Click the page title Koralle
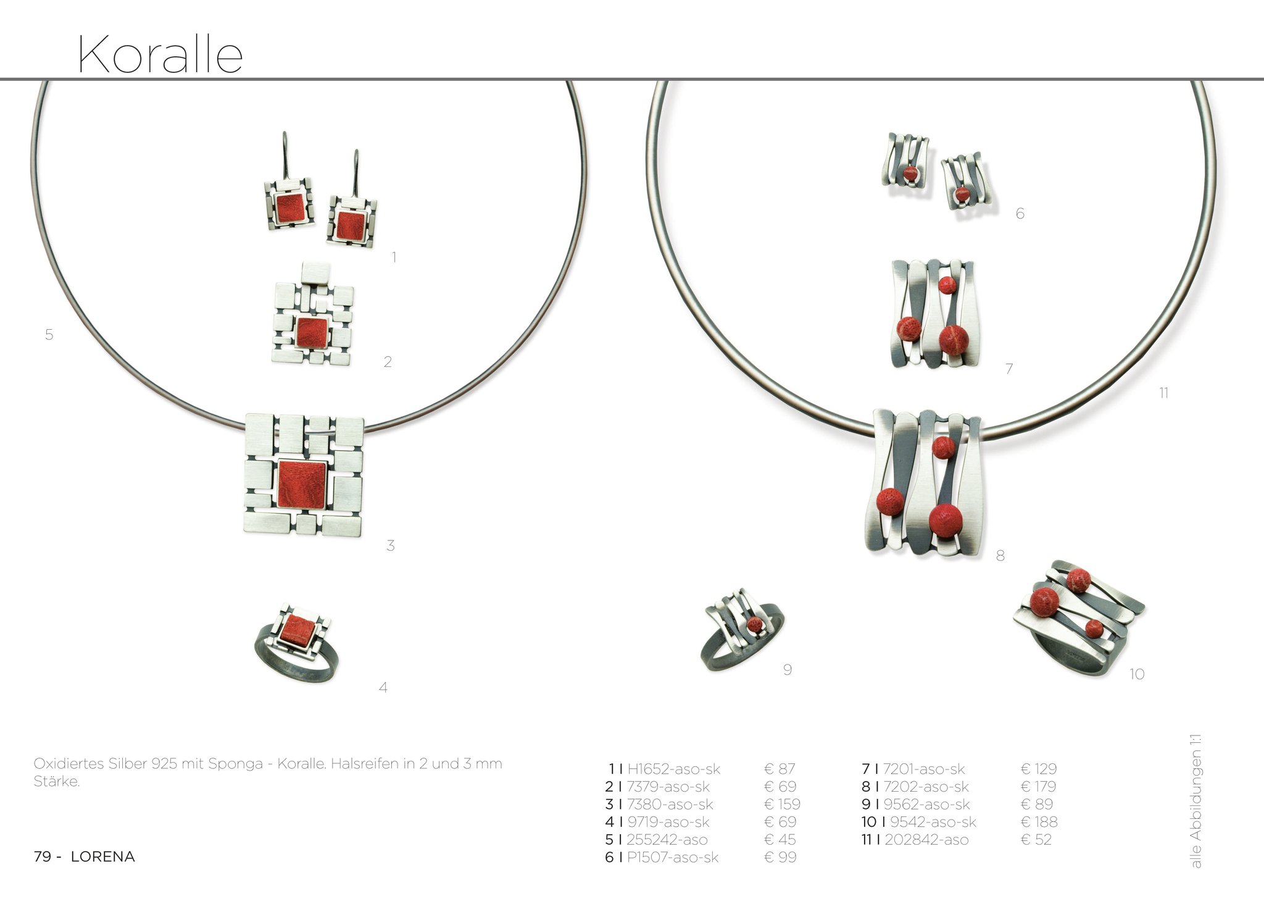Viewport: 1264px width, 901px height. tap(160, 54)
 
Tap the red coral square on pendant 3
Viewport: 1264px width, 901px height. tap(302, 484)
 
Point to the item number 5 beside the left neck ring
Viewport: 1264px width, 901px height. tap(49, 335)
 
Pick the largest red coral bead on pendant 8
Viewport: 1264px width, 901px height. tap(946, 520)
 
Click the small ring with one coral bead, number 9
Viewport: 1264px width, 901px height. tap(744, 630)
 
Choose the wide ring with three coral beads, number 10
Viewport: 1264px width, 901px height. tap(1078, 618)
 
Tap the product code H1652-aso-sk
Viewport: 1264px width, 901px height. tap(673, 769)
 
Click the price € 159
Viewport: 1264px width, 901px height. tap(782, 804)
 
